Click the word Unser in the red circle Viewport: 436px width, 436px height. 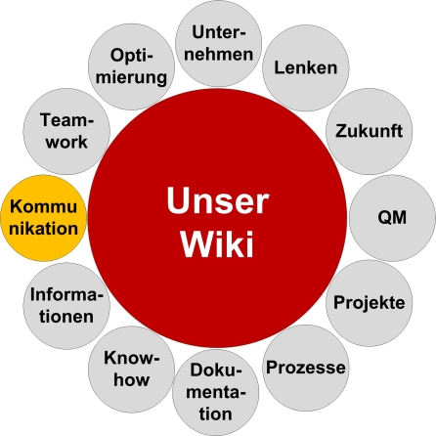[217, 201]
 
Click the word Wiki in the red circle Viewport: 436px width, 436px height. [217, 241]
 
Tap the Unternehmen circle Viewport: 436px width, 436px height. [218, 43]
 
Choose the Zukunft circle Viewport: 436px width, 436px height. [368, 130]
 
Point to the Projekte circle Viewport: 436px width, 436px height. [368, 302]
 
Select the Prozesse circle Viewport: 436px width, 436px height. [305, 368]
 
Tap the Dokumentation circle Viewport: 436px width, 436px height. [217, 392]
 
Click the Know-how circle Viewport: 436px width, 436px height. [130, 368]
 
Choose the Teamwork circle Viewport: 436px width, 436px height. [65, 130]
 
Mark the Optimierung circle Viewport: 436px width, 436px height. [129, 66]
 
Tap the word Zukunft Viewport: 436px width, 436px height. [368, 130]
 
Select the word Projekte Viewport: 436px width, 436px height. [368, 302]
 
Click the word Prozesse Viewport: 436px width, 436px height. [305, 368]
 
